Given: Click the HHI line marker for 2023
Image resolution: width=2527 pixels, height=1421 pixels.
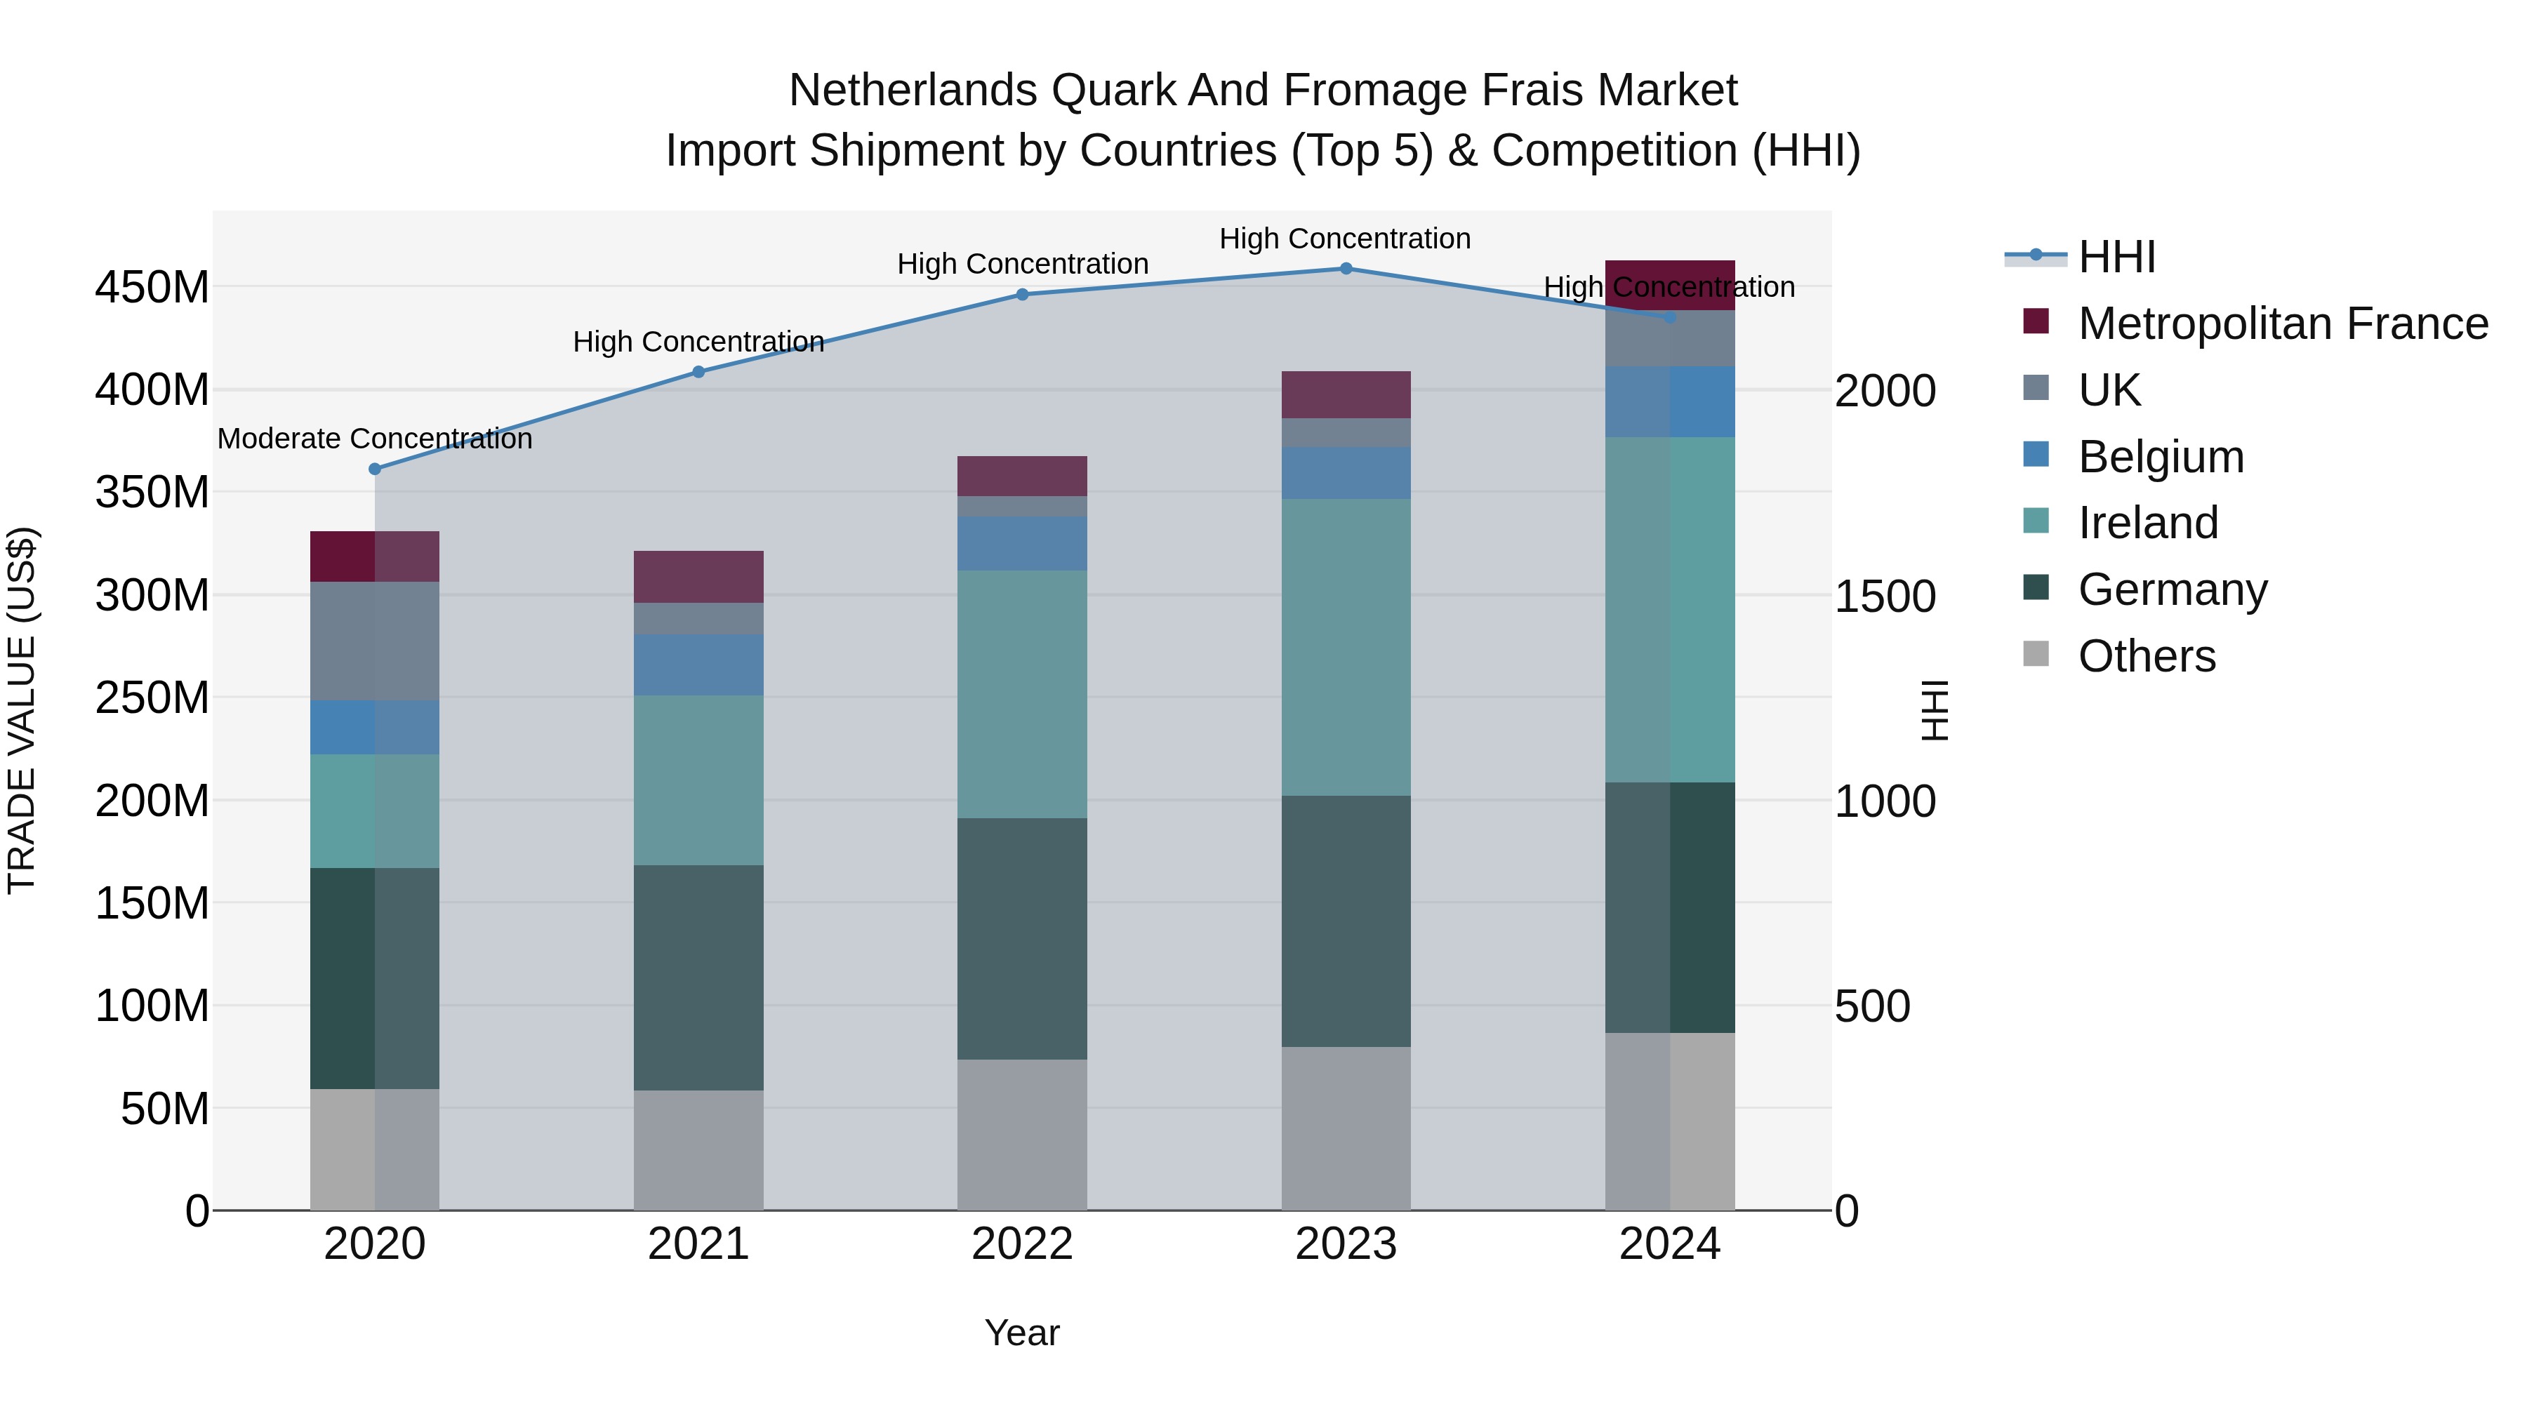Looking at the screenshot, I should (1346, 269).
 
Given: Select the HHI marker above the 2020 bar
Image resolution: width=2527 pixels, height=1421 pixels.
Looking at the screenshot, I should (375, 469).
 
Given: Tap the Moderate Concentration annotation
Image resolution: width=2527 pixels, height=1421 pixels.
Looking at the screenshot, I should (375, 439).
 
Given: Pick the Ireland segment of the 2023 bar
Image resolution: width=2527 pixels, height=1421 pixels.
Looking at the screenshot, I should (1346, 647).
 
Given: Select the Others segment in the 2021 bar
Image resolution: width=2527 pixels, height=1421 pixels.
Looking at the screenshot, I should (698, 1149).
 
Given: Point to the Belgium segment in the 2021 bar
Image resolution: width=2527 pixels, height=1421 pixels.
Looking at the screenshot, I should (698, 665).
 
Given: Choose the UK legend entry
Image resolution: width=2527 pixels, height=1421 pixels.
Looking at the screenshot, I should (2109, 390).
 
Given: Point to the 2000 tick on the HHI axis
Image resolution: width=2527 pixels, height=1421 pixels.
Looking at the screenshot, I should (1885, 392).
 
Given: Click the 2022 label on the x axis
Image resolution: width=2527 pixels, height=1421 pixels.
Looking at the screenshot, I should (1022, 1244).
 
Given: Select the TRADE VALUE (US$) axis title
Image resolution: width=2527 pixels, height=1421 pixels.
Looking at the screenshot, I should (22, 710).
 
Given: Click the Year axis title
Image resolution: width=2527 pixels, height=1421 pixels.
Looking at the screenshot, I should (1022, 1333).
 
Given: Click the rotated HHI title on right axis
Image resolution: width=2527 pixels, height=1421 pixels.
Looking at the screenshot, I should (1935, 710).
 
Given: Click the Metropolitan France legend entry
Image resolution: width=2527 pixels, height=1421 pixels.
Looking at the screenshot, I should (2282, 323).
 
